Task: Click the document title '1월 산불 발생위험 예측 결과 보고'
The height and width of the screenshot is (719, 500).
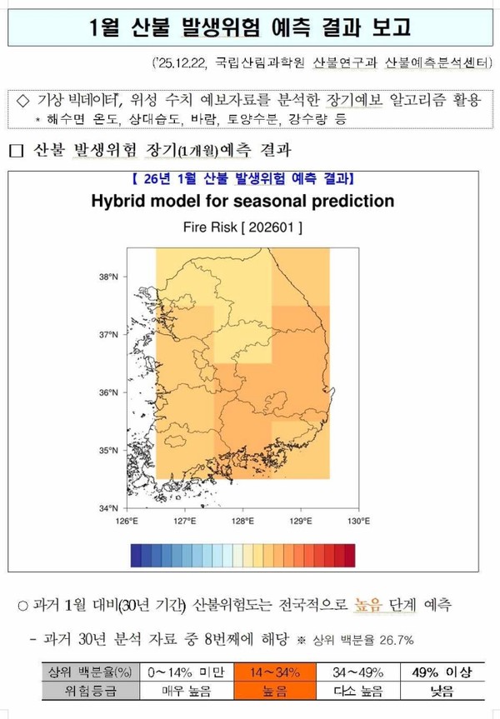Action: coord(250,27)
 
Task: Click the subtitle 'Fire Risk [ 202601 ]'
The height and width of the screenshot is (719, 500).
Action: coord(242,226)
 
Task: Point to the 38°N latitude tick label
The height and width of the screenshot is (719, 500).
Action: coord(108,277)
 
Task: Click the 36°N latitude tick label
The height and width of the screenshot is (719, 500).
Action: coord(108,392)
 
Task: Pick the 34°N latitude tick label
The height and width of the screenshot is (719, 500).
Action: coord(108,507)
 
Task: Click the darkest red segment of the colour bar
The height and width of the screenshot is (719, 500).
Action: coord(349,554)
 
